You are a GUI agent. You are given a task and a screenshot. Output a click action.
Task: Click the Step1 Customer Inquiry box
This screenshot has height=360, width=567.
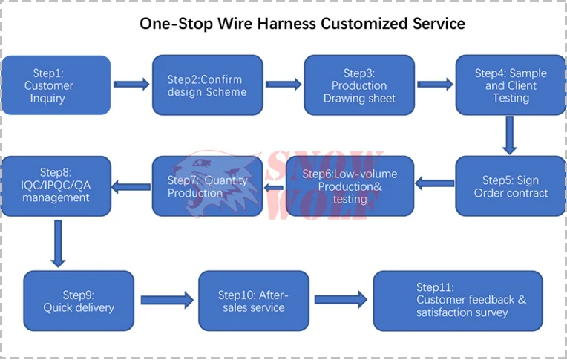pos(56,85)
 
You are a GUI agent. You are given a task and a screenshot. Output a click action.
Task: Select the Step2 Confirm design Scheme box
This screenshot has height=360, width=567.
pos(208,85)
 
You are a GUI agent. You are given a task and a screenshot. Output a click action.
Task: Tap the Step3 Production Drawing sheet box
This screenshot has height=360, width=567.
pos(359,85)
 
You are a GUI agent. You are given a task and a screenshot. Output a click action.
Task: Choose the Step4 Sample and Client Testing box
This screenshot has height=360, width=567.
pos(511,85)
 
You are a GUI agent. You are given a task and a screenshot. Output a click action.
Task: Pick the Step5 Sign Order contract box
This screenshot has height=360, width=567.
pos(511,186)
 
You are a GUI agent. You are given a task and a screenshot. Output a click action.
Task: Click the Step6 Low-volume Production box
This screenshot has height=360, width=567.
pos(350,186)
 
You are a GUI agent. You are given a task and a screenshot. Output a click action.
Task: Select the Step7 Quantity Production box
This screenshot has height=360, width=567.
pos(208,186)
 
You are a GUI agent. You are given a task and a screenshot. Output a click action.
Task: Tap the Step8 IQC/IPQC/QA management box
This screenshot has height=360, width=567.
pos(56,186)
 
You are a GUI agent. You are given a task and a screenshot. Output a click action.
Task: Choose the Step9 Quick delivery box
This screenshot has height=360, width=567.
pos(79,301)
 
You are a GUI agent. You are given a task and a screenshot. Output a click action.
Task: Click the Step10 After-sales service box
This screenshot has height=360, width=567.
pos(254,301)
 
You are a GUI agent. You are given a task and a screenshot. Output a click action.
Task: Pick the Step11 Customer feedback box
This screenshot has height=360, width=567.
pos(458,301)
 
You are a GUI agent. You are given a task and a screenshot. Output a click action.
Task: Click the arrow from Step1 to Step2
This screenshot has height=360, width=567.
pos(131,85)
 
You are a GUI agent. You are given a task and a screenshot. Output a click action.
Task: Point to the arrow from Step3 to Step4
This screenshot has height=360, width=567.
pos(435,85)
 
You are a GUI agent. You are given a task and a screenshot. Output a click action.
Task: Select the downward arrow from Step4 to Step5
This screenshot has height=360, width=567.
pos(510,135)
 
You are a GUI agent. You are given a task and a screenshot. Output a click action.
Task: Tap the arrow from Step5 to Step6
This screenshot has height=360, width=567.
pos(435,183)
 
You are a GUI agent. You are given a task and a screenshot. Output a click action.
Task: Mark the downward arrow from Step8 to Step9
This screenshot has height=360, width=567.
pos(58,243)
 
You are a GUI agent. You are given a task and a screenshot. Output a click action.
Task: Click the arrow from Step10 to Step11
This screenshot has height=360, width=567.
pos(341,300)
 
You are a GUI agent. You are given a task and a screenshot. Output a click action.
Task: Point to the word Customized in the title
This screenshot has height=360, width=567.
pos(364,24)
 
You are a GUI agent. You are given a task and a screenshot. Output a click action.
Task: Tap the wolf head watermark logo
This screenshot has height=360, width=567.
pos(217,183)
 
